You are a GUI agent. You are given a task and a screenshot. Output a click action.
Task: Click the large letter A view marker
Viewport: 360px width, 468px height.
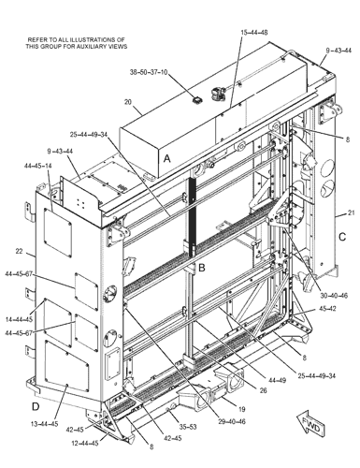[166, 160]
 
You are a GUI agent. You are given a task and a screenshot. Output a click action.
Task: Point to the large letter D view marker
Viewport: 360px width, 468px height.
[34, 406]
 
